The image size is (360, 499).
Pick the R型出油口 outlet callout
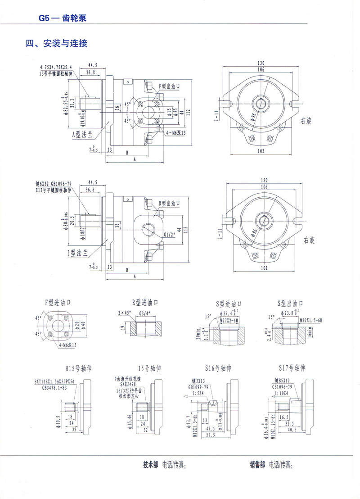click(171, 203)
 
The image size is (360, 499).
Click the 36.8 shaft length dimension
click(90, 72)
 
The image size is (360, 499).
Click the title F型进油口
click(59, 301)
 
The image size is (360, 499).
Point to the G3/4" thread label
click(144, 312)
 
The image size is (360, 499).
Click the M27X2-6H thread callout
click(229, 320)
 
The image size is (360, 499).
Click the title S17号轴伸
click(291, 368)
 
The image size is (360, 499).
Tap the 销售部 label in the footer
click(258, 465)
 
